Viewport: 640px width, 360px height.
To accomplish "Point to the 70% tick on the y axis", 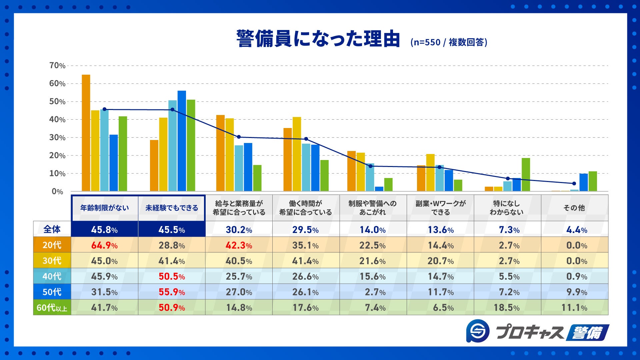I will [x=57, y=66].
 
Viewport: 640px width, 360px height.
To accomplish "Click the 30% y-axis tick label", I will [x=57, y=138].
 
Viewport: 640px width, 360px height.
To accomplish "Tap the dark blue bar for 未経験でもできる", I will [x=182, y=141].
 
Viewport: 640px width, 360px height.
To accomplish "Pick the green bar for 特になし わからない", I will [x=526, y=174].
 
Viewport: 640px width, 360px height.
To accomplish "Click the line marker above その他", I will [x=574, y=183].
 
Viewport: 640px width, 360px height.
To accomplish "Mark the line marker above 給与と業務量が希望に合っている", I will [x=239, y=137].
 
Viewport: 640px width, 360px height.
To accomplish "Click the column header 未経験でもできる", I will [x=172, y=208].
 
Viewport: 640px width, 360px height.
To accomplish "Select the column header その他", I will [x=574, y=208].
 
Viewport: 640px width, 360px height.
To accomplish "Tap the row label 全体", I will [x=52, y=229].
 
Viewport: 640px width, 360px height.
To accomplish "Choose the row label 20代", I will [x=52, y=245].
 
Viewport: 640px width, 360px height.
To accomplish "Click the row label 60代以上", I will [x=52, y=307].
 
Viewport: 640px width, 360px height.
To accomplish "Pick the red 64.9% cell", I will [x=104, y=245].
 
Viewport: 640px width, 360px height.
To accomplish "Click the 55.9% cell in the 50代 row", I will [x=172, y=292].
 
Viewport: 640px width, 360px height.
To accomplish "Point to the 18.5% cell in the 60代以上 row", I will [x=507, y=308].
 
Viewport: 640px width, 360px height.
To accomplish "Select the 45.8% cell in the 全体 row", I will [x=104, y=230].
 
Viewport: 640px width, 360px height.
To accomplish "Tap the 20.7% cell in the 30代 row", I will [x=440, y=261].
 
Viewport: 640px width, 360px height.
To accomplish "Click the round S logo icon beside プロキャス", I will [x=478, y=331].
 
